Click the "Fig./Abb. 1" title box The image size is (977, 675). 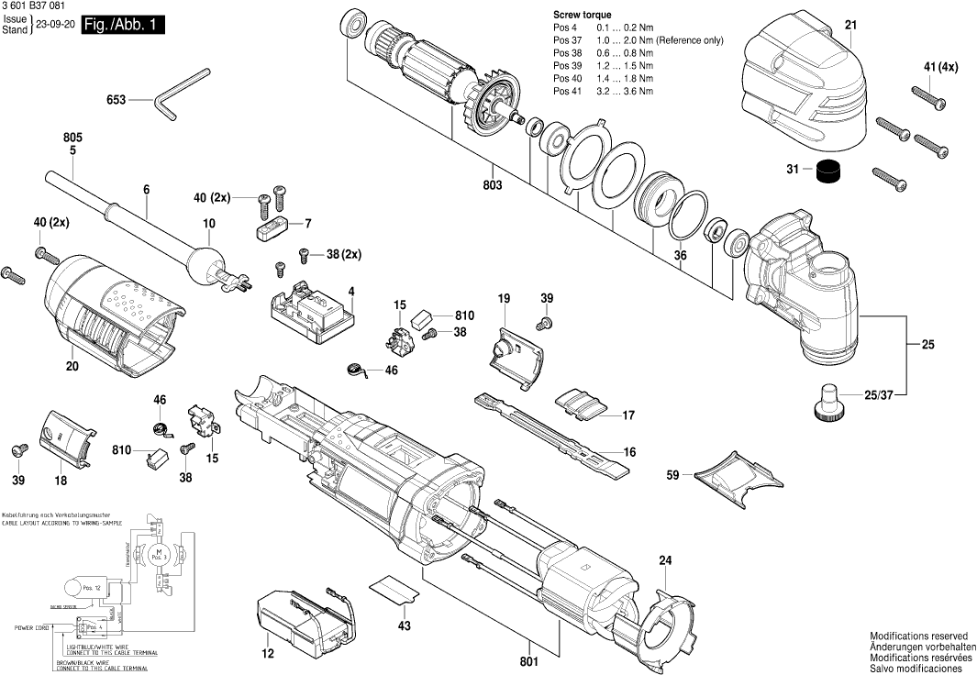[x=123, y=26]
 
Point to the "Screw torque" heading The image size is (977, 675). [x=582, y=16]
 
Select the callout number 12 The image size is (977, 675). [x=267, y=655]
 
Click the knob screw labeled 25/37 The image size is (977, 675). [x=828, y=402]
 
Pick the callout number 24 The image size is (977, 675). [x=665, y=560]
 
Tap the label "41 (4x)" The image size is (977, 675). [x=940, y=67]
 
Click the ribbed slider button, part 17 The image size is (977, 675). [x=580, y=404]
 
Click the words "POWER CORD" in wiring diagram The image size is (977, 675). [x=31, y=628]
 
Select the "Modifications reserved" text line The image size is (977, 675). [x=918, y=636]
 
